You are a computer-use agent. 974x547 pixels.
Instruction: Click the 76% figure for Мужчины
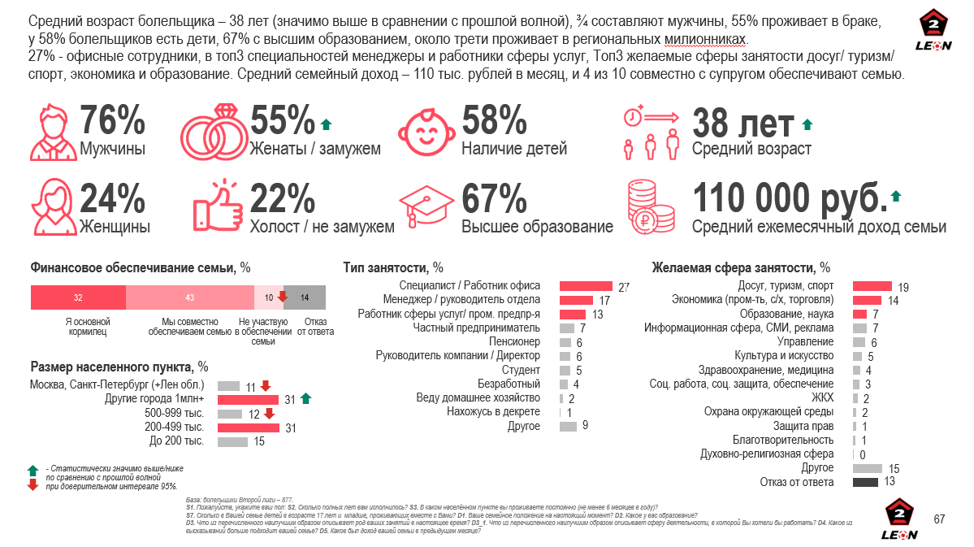click(x=113, y=122)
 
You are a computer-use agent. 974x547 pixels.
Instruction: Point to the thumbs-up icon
click(x=217, y=206)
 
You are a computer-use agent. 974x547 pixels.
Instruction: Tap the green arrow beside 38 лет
click(x=807, y=124)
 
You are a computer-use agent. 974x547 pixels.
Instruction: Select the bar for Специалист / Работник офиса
click(x=586, y=285)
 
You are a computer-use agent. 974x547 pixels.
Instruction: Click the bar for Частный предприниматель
click(x=567, y=328)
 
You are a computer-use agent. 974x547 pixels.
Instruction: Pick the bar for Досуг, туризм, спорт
click(x=872, y=285)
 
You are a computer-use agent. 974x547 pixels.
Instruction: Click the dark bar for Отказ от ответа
click(x=865, y=482)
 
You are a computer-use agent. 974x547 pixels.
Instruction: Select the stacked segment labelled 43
click(x=190, y=297)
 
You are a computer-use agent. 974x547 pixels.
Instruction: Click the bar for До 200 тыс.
click(x=232, y=441)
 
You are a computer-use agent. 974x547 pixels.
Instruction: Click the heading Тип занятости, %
click(x=393, y=267)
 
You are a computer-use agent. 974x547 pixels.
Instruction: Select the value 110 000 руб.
click(x=789, y=198)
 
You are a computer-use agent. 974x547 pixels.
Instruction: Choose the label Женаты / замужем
click(x=315, y=150)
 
